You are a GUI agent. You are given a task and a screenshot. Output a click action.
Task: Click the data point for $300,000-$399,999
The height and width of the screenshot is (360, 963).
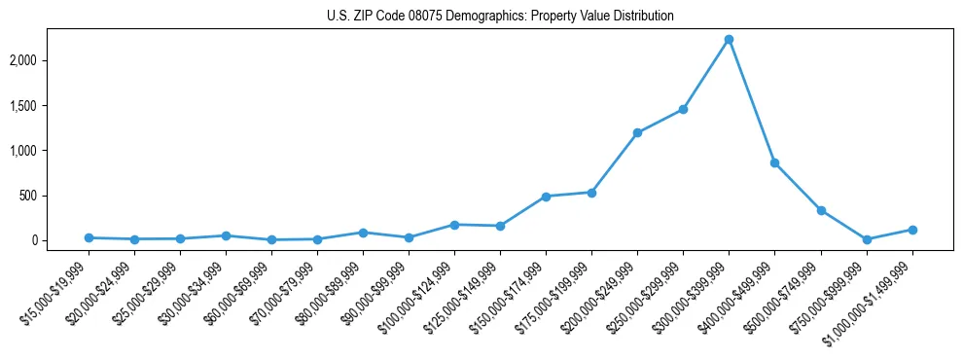coord(729,40)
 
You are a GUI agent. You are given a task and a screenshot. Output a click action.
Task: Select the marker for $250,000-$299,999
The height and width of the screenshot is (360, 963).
coord(683,109)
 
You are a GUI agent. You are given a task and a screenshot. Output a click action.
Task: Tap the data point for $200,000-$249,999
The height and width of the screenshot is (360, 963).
coord(637,132)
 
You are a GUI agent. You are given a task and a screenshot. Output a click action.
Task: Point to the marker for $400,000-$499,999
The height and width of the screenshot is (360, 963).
coord(774,162)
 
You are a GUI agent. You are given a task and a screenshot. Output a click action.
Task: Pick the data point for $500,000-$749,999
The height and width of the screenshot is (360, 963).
coord(821,210)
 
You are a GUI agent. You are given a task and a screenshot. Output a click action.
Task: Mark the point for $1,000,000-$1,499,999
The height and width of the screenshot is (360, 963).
coord(912,230)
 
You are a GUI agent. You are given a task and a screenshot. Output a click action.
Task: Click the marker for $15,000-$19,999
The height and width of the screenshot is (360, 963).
coord(89,237)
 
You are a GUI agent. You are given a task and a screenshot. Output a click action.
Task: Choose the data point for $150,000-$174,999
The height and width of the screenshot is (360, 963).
coord(546,197)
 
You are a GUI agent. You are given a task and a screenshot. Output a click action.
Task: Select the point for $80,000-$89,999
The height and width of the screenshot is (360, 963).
coord(363,233)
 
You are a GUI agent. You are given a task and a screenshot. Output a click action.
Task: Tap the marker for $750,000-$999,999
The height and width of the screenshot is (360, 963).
coord(867,239)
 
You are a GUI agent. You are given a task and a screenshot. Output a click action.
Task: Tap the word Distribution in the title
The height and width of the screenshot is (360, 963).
coord(639,17)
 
